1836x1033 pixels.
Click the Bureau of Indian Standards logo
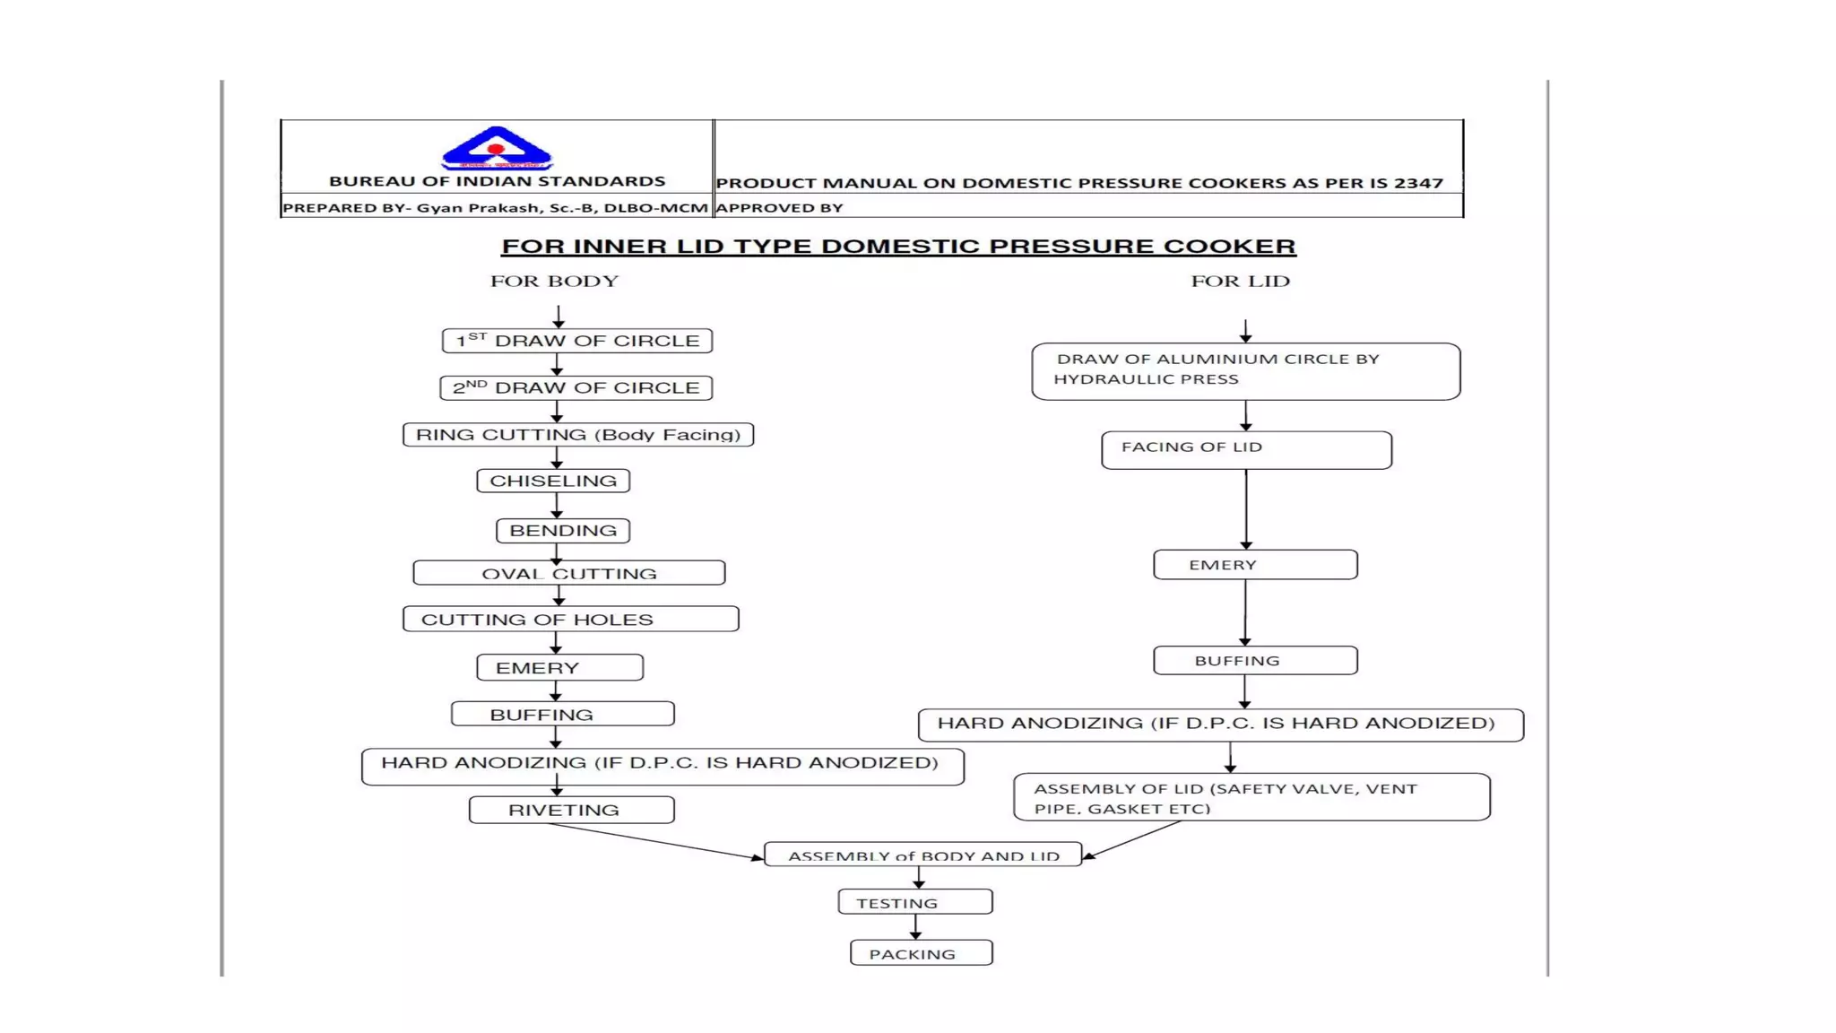tap(496, 148)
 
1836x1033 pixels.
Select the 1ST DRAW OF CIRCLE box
tap(577, 341)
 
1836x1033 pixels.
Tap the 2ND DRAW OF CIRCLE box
tap(576, 387)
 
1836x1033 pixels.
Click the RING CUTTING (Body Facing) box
tap(578, 435)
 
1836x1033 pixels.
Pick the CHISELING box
tap(553, 481)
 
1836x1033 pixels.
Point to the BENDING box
tap(563, 531)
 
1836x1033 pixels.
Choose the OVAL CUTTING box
tap(569, 573)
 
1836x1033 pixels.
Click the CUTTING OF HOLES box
tap(571, 619)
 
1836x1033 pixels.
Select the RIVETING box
tap(572, 810)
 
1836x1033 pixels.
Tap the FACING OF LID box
tap(1247, 450)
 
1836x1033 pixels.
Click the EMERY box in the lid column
tap(1256, 565)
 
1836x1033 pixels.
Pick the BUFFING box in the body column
tap(563, 714)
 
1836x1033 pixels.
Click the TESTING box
tap(915, 902)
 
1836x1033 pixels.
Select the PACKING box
tap(922, 952)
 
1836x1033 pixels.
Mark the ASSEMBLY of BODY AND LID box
tap(923, 854)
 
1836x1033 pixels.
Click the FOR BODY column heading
tap(554, 281)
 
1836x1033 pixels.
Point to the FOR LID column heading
tap(1241, 281)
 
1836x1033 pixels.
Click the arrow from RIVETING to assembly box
tap(656, 841)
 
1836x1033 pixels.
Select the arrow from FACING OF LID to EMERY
tap(1246, 509)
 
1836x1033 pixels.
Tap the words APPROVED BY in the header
tap(779, 208)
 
